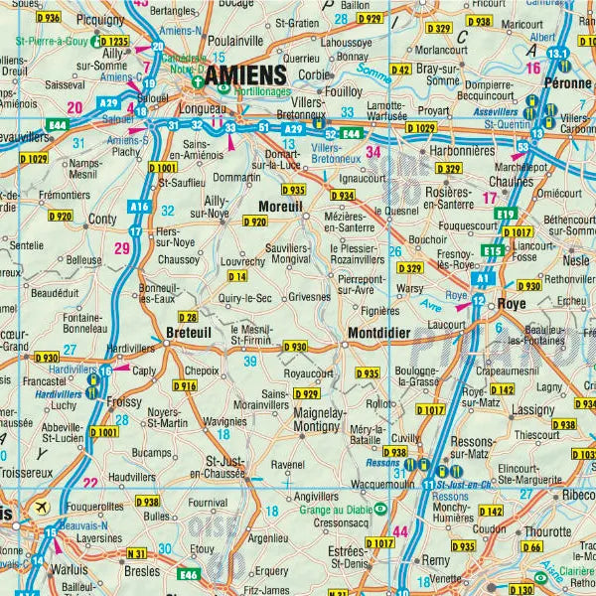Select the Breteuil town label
(x=189, y=334)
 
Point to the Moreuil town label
(x=280, y=206)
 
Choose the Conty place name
(x=103, y=219)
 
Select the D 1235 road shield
(x=113, y=43)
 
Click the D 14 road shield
(x=236, y=275)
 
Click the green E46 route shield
(x=189, y=573)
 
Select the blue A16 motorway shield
(x=138, y=206)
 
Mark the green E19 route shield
(x=508, y=214)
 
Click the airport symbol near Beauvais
(x=41, y=508)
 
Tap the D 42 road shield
(x=400, y=70)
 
